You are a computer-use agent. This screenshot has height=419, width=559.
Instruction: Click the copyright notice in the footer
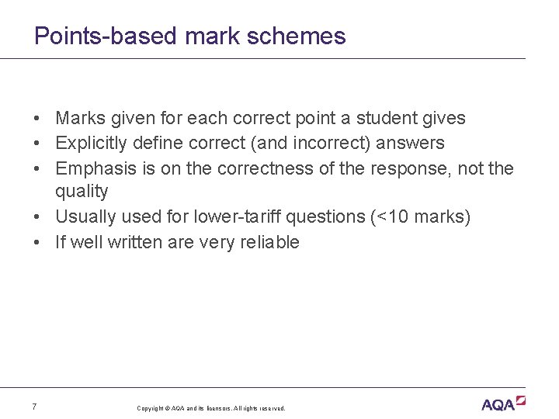(211, 408)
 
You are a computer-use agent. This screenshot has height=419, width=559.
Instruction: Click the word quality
(82, 191)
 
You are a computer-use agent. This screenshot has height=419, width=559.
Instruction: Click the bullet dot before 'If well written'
(37, 242)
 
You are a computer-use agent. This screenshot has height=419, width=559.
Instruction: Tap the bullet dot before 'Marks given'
(37, 118)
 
